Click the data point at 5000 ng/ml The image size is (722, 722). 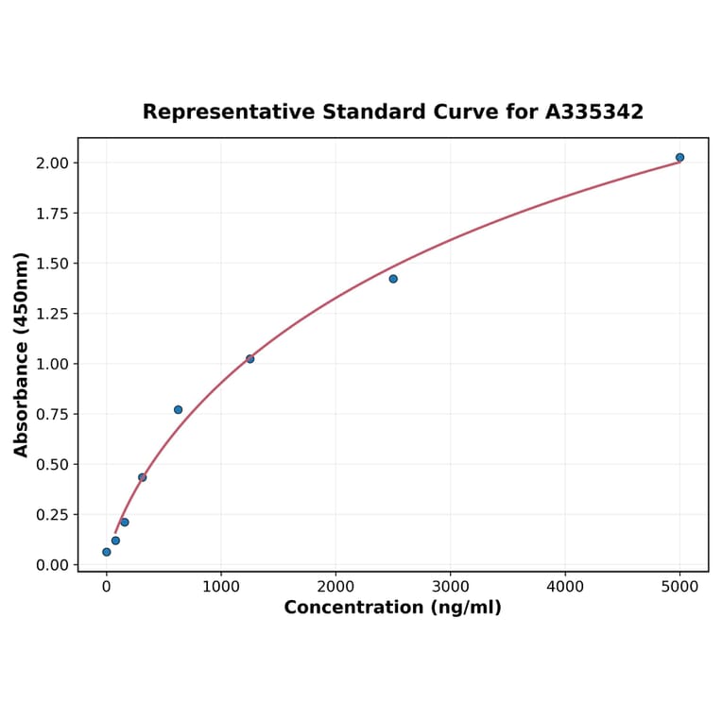pyautogui.click(x=679, y=158)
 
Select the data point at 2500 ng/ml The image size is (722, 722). pyautogui.click(x=393, y=279)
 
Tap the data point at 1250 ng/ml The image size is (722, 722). pyautogui.click(x=249, y=359)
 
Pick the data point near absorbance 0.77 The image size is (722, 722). pyautogui.click(x=178, y=410)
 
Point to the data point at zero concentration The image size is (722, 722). pyautogui.click(x=107, y=552)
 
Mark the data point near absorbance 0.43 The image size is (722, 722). pyautogui.click(x=142, y=477)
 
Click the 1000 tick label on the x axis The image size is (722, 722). pyautogui.click(x=221, y=586)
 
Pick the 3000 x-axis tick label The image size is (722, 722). pyautogui.click(x=451, y=586)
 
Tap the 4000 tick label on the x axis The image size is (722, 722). pyautogui.click(x=565, y=586)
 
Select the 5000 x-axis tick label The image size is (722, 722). pyautogui.click(x=679, y=586)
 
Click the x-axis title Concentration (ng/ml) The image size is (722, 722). pyautogui.click(x=393, y=608)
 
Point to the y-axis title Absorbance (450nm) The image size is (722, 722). pyautogui.click(x=22, y=354)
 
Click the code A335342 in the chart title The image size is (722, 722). pyautogui.click(x=594, y=112)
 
